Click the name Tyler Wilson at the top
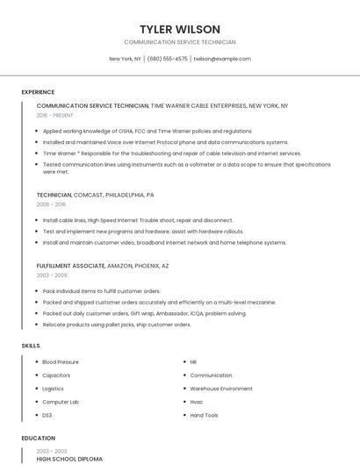(x=180, y=29)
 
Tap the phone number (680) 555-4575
(x=167, y=59)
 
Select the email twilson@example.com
(x=222, y=59)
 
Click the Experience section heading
(x=38, y=92)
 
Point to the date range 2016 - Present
(x=55, y=115)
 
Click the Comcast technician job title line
(x=95, y=195)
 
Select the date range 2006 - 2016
(x=51, y=204)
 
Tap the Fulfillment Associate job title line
(x=103, y=265)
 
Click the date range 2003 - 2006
(x=51, y=275)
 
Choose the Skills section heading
(x=31, y=346)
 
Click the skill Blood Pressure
(x=61, y=361)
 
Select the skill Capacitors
(x=56, y=375)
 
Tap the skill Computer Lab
(x=61, y=401)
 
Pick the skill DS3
(x=47, y=414)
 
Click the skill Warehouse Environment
(x=221, y=388)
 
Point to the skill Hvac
(x=197, y=401)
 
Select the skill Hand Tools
(x=205, y=414)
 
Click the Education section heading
(x=38, y=438)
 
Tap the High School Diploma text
(x=69, y=459)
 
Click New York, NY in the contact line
(x=125, y=59)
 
